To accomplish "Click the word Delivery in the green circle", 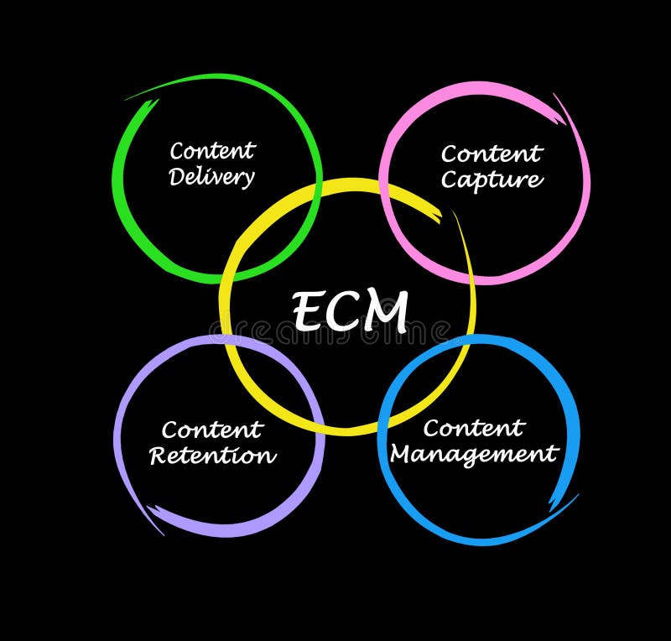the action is [211, 177].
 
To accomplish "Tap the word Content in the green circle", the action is [212, 151].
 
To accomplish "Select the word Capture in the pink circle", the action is [492, 180].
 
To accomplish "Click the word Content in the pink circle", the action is [492, 154].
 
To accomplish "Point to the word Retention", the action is [212, 456].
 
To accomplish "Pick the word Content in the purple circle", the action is [212, 430].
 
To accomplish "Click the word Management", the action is [474, 455].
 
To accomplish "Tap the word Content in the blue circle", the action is [474, 428].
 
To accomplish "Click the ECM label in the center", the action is [350, 311].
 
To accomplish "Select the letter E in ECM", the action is [307, 312].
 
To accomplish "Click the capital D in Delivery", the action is [177, 177].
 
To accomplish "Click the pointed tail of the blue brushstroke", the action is [576, 496].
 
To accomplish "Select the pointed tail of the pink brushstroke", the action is [554, 95].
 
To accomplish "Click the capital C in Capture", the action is [450, 180].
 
